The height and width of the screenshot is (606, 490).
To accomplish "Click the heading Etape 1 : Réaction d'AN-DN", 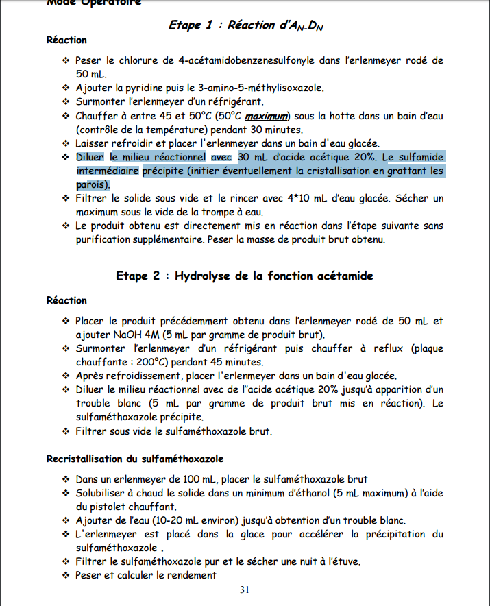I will tap(245, 25).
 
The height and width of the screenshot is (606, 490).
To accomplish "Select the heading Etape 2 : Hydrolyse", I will tap(245, 276).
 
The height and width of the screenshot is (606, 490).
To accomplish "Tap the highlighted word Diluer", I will tap(91, 157).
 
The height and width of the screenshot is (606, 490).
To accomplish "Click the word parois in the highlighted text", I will tap(91, 184).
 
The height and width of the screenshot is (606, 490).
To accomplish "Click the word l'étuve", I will tap(340, 561).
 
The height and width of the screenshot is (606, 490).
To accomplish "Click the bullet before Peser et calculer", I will tap(66, 575).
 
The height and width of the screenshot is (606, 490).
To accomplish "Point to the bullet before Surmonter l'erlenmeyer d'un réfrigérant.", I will tap(66, 101).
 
